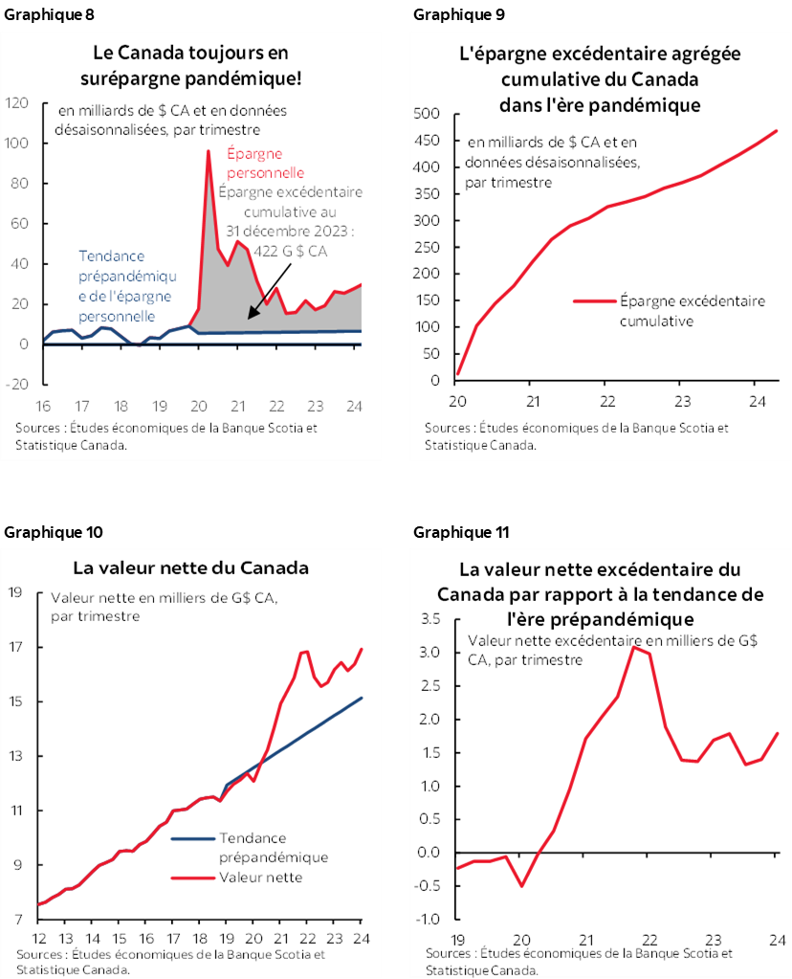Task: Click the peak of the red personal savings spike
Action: click(208, 151)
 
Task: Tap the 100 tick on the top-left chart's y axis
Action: click(18, 143)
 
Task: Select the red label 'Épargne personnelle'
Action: click(266, 164)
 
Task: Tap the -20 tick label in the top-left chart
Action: click(17, 384)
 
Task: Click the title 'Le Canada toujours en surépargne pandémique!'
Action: click(189, 64)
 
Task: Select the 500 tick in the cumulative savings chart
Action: click(426, 114)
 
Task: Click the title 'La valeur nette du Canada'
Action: click(190, 567)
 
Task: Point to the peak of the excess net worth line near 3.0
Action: click(632, 648)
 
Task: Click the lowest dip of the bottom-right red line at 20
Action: click(522, 885)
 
